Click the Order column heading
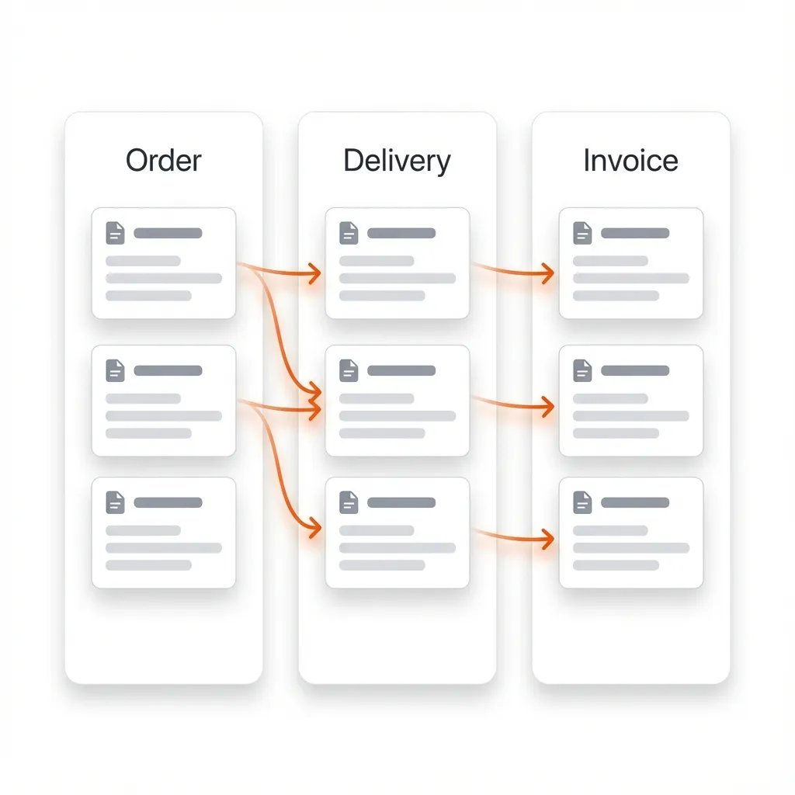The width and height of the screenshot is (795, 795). [163, 161]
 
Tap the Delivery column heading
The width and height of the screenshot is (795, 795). [397, 161]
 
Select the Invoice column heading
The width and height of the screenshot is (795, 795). [630, 161]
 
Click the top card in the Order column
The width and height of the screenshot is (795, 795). [164, 263]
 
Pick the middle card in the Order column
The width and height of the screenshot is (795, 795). [164, 401]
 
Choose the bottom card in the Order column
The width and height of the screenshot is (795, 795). [164, 533]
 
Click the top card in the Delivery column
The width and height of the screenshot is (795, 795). [397, 263]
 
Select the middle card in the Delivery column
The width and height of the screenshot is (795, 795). [397, 401]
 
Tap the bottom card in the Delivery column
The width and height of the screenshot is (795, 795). [397, 533]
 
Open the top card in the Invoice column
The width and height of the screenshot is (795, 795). [631, 263]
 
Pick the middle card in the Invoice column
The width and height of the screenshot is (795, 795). [631, 401]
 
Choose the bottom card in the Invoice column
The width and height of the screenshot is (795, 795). [631, 533]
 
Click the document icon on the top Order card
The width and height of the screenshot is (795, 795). [115, 233]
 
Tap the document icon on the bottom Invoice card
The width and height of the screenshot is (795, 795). [582, 502]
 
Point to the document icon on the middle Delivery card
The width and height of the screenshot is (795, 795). [349, 370]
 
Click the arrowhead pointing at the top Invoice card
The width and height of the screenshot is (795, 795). [548, 273]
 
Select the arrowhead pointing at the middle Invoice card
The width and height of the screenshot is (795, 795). [548, 405]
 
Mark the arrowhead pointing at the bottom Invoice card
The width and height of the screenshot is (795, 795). [548, 537]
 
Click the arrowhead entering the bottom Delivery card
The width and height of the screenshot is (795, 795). [314, 528]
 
